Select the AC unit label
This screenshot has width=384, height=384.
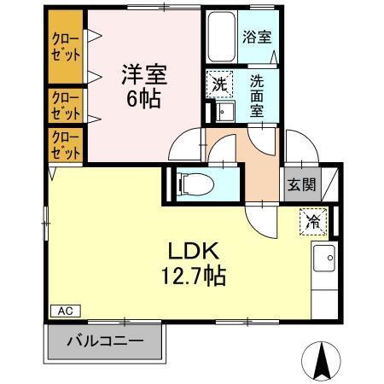(x=65, y=311)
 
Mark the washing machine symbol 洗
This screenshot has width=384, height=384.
(x=218, y=84)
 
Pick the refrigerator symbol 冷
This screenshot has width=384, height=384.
(x=311, y=221)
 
